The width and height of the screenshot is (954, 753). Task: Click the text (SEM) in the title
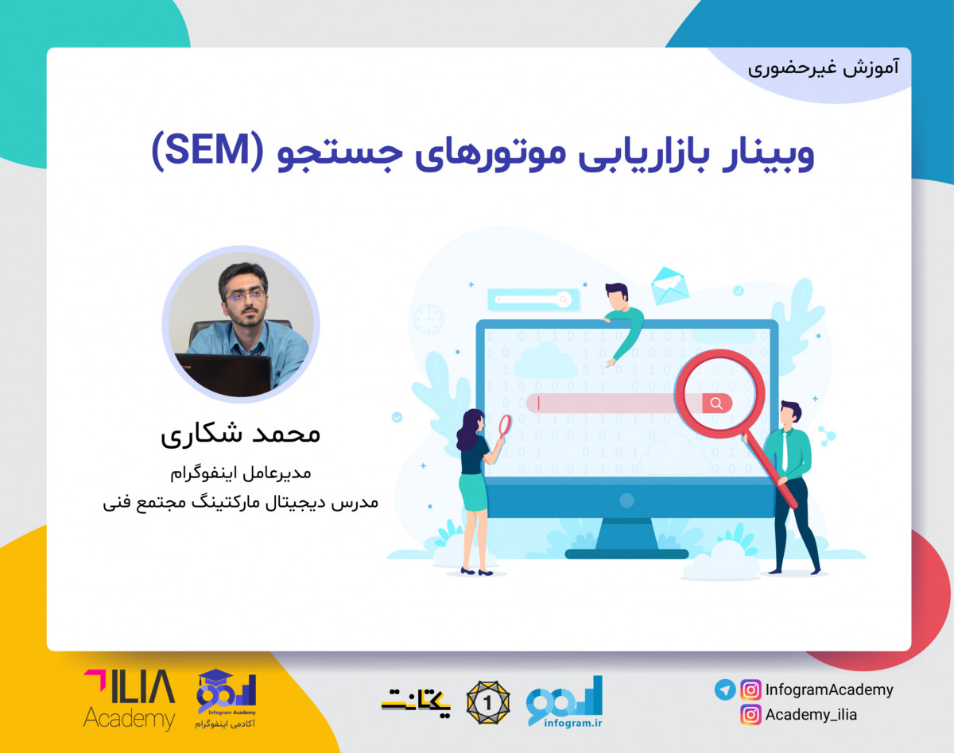click(202, 153)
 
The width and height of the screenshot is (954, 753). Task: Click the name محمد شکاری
click(240, 434)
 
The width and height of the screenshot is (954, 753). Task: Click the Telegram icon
click(724, 689)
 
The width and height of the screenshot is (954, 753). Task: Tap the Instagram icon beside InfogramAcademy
click(750, 689)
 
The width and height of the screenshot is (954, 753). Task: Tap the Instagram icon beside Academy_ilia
click(750, 714)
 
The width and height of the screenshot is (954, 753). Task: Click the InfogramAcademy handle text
click(829, 689)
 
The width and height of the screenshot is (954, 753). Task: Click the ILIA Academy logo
click(129, 699)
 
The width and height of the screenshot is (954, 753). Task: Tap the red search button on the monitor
click(716, 403)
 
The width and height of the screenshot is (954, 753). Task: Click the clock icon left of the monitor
click(429, 319)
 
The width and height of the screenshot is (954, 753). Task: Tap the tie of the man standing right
click(785, 452)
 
